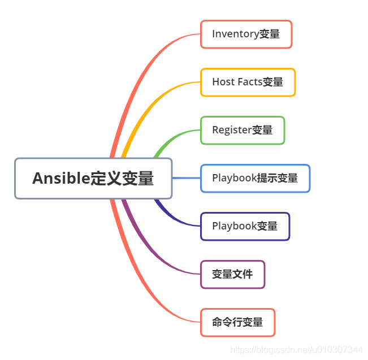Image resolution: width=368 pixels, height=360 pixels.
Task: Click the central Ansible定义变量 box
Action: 93,179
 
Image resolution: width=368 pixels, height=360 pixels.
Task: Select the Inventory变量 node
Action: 246,34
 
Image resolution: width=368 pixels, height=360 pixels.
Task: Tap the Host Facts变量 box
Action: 248,83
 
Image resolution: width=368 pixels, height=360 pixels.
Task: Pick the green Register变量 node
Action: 243,131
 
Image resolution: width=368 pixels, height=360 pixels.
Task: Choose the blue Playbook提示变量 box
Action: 255,179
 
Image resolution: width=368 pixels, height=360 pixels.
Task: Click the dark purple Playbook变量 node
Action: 245,227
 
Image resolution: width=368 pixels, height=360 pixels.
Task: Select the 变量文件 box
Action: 232,275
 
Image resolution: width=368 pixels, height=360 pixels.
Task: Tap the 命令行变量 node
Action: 237,323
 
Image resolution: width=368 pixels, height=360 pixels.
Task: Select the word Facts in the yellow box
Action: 250,83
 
